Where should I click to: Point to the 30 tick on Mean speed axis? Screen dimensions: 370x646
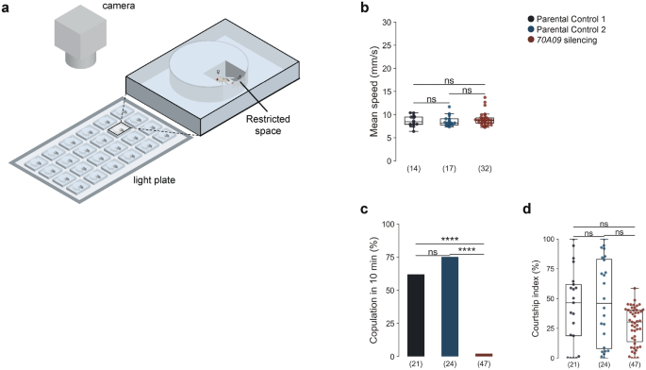(388, 20)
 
